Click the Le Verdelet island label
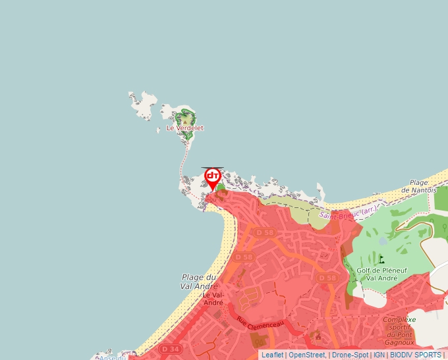tap(185, 128)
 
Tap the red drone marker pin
tap(212, 178)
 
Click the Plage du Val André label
tap(198, 282)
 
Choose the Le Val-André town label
tap(213, 299)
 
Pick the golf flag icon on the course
tap(381, 259)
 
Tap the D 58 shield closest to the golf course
tap(327, 278)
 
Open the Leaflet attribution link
tap(272, 355)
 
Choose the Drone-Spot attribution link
tap(349, 355)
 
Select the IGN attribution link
tap(379, 355)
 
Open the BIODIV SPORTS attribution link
tap(415, 355)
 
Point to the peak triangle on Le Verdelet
tap(185, 120)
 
